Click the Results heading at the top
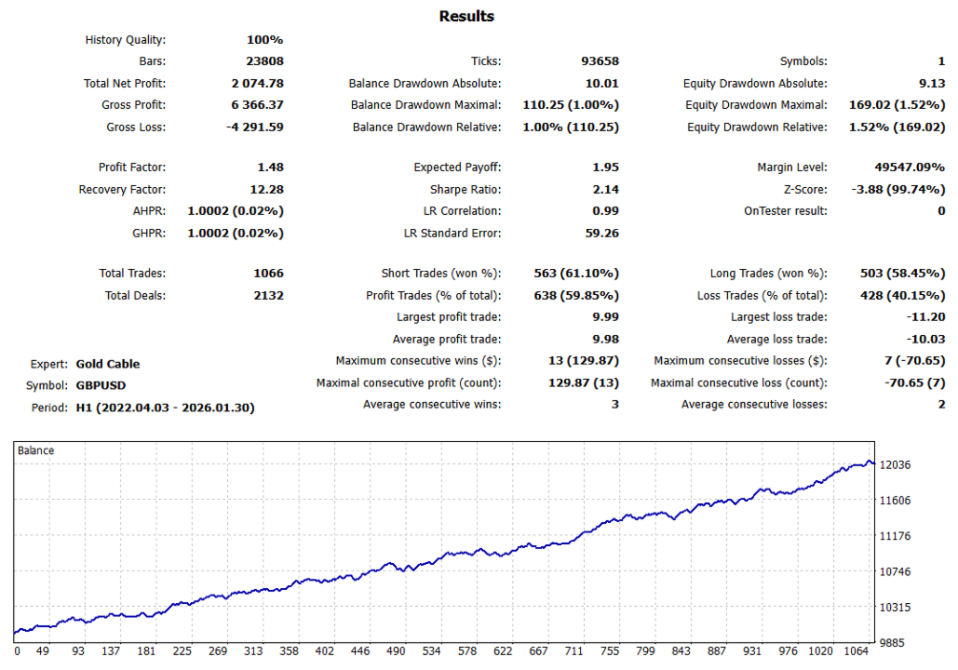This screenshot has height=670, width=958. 466,16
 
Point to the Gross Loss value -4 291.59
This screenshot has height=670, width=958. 255,127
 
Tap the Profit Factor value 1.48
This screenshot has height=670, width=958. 270,167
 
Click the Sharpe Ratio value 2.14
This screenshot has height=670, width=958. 605,189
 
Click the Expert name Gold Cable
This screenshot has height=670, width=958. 108,364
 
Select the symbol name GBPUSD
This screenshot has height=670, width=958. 101,385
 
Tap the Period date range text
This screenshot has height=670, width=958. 165,407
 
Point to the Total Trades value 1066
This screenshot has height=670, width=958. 268,274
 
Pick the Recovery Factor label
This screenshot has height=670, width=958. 122,189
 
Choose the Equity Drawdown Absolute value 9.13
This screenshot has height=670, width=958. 931,84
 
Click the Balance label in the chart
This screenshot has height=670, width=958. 36,450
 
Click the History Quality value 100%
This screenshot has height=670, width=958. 264,40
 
